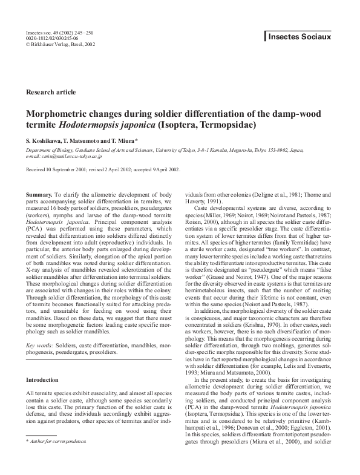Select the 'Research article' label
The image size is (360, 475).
(x=51, y=92)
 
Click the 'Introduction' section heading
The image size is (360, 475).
(x=42, y=379)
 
